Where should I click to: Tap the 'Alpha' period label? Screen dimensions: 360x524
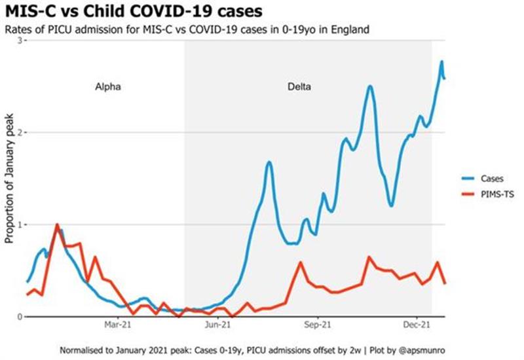108,86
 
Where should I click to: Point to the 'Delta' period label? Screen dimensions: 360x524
299,86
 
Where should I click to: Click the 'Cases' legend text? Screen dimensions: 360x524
492,177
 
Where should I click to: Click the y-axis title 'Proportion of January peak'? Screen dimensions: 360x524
9,179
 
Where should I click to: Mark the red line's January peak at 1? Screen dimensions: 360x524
57,225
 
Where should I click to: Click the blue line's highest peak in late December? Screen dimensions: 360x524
441,62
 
